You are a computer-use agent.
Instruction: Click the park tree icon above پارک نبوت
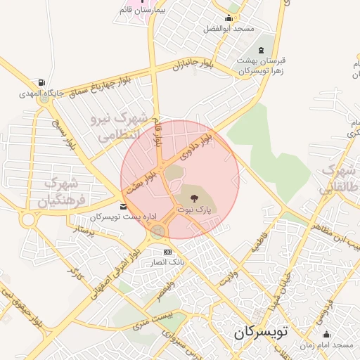(195, 198)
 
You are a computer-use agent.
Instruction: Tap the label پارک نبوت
(194, 210)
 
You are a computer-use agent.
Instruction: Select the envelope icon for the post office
(124, 206)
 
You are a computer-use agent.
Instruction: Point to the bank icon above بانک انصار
(167, 252)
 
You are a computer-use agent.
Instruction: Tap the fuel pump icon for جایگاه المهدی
(44, 83)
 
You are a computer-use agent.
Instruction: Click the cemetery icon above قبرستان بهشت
(262, 51)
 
